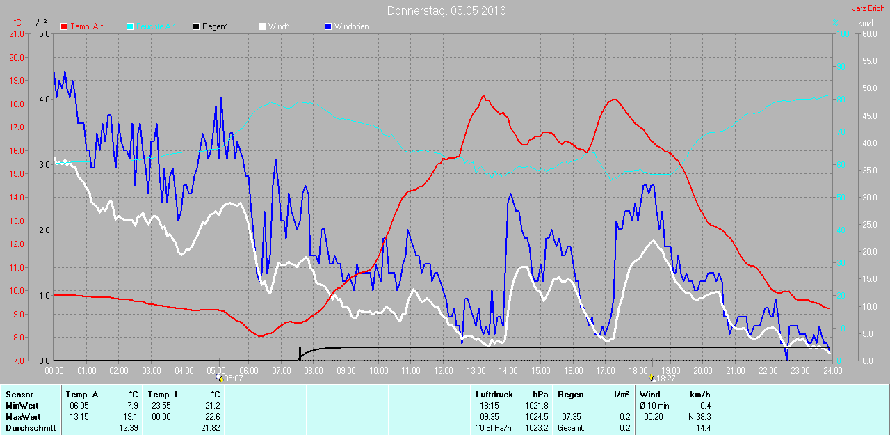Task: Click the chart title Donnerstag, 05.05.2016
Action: pos(446,10)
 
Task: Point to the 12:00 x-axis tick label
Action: pos(444,371)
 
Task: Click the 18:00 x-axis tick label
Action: pos(638,371)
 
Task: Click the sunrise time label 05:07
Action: pos(233,379)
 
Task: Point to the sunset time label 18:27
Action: pos(666,379)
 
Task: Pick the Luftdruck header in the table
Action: pos(492,395)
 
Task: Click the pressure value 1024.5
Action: pos(537,417)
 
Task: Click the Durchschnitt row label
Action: pos(30,428)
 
